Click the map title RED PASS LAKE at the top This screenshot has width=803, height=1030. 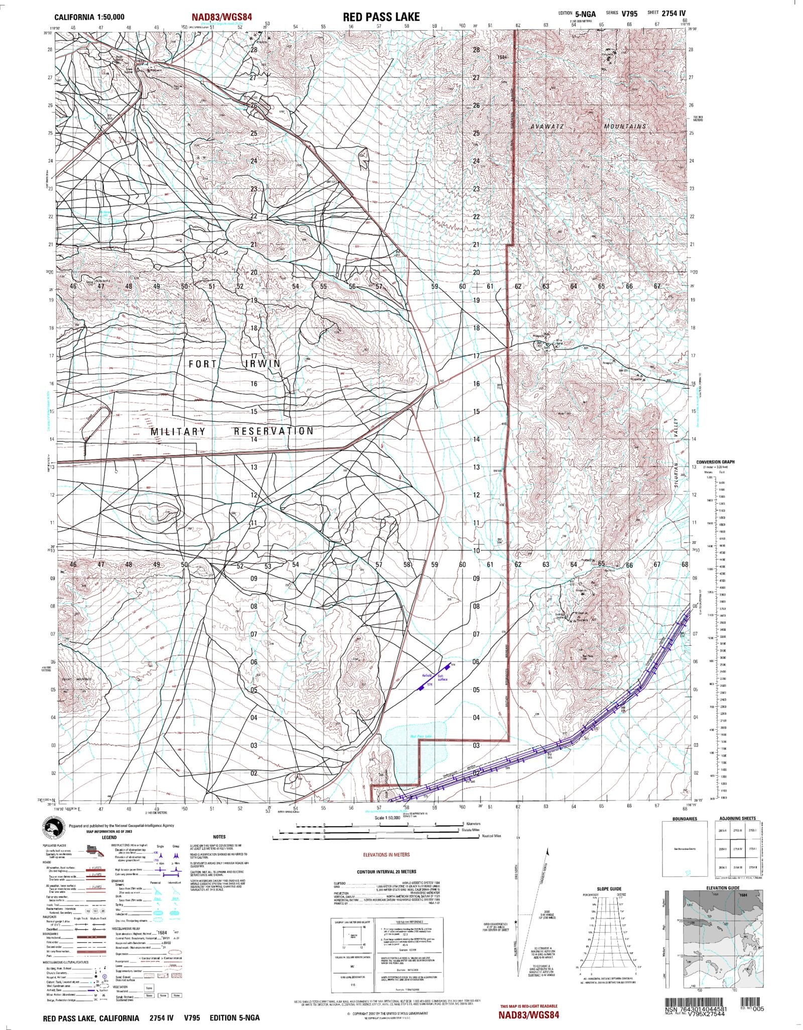click(381, 17)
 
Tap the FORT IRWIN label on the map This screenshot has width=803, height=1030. click(234, 364)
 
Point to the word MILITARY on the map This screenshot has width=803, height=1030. click(178, 431)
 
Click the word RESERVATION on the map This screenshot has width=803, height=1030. click(274, 431)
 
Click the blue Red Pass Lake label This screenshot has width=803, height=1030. click(421, 736)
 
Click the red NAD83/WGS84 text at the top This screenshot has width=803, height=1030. click(221, 17)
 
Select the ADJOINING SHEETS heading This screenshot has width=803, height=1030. click(737, 819)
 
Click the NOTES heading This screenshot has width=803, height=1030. click(219, 837)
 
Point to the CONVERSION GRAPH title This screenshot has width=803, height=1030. click(715, 462)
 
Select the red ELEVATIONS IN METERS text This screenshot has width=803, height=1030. click(386, 854)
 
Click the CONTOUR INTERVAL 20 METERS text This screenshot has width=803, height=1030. click(386, 871)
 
